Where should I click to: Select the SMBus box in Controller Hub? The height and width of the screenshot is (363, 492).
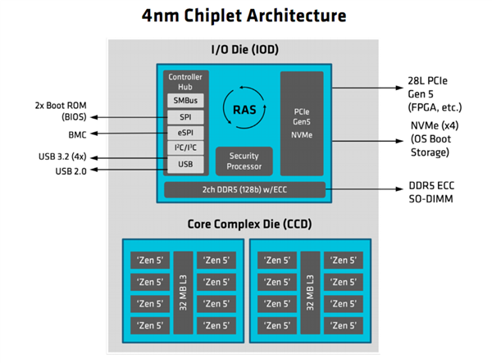point(185,101)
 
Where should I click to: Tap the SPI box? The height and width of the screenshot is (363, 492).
point(185,117)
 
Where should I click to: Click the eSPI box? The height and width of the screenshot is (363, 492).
point(185,133)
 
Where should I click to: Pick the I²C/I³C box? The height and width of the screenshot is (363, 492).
point(185,148)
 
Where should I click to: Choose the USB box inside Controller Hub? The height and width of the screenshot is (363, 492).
point(185,165)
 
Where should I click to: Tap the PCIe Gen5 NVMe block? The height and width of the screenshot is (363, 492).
point(302,123)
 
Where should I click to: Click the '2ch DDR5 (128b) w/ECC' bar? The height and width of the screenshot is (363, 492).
point(244,190)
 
